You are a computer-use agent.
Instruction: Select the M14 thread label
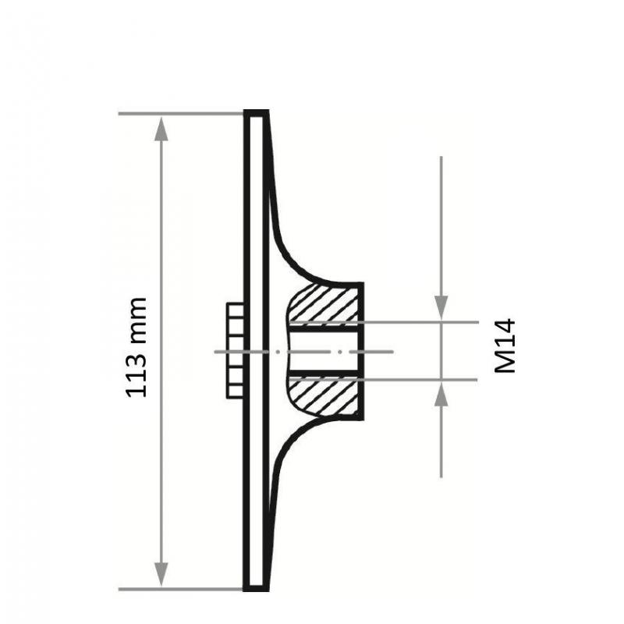point(505,346)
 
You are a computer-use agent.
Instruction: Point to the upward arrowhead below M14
point(441,395)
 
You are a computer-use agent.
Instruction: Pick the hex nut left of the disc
point(234,351)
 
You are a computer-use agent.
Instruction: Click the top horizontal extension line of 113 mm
point(179,114)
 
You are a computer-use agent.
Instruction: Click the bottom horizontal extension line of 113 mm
point(179,589)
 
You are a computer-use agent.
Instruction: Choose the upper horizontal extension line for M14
point(421,321)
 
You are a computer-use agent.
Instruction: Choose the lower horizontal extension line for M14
point(421,380)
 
